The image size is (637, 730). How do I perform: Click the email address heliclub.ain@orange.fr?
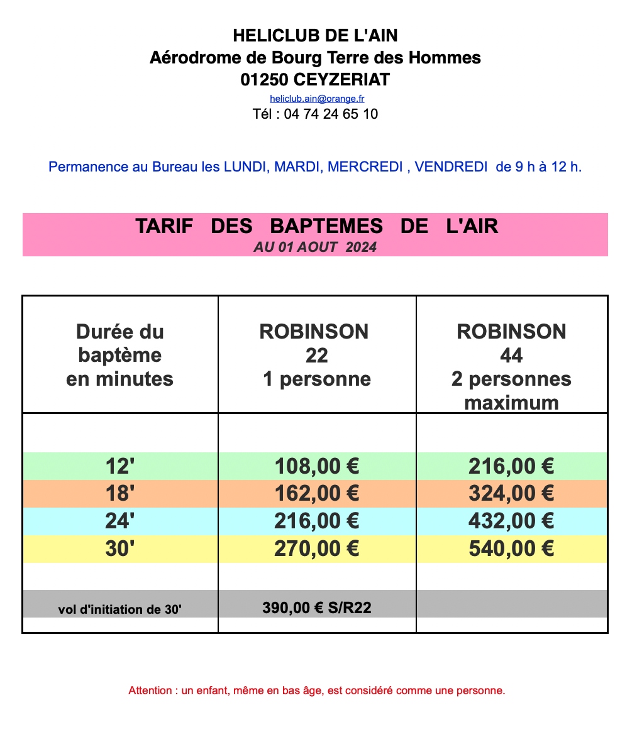click(317, 99)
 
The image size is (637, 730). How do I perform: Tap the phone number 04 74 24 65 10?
click(331, 114)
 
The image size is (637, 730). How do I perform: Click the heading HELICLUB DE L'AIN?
click(315, 35)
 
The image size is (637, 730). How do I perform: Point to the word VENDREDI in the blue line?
click(451, 167)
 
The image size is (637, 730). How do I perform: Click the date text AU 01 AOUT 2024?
click(315, 248)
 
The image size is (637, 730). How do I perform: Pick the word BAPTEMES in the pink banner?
click(326, 226)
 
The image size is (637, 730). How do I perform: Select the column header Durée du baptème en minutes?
click(119, 355)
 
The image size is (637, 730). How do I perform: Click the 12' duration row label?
click(120, 466)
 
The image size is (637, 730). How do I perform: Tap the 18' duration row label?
click(120, 494)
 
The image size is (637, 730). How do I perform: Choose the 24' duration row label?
click(120, 521)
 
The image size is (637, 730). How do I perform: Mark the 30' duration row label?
click(120, 549)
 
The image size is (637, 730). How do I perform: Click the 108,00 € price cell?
click(317, 466)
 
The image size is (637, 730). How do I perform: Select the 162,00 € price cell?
click(317, 494)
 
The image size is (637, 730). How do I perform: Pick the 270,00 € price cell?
click(317, 549)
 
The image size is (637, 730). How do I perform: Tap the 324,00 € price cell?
click(511, 494)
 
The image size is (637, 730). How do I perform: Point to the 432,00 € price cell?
click(511, 521)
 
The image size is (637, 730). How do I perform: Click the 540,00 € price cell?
click(511, 549)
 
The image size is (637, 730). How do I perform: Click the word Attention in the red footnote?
click(150, 691)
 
